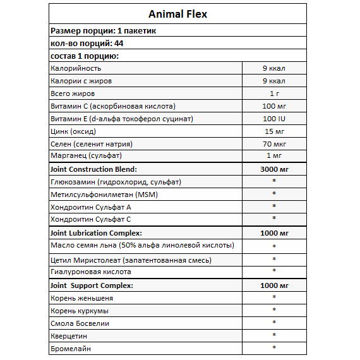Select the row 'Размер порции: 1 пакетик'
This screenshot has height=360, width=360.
click(x=102, y=30)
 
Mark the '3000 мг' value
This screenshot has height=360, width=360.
click(x=274, y=169)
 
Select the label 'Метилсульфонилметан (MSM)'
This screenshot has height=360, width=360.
click(x=104, y=194)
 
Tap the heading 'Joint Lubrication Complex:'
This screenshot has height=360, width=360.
click(x=95, y=233)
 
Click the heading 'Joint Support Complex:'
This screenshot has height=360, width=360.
click(x=92, y=285)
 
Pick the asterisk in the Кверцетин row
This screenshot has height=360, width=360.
click(x=274, y=335)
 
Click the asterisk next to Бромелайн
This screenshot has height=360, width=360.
click(x=274, y=348)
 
